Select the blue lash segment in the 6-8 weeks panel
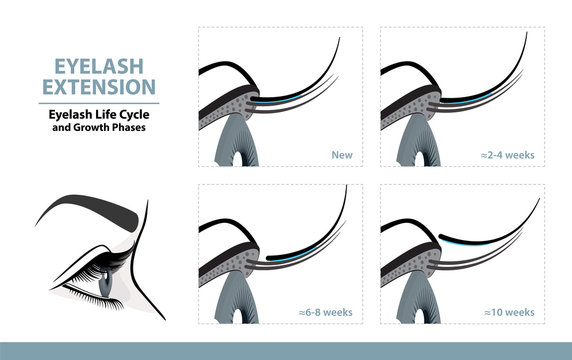[x=290, y=255]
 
